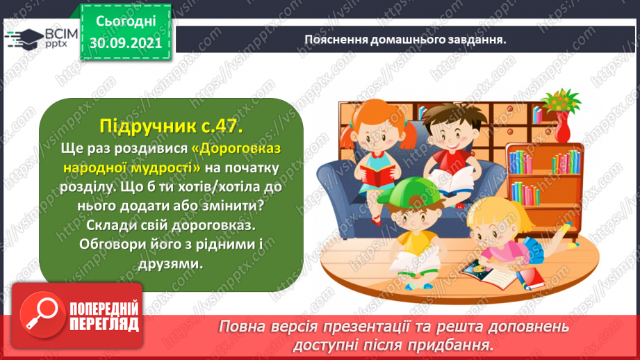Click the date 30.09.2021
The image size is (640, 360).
(125, 43)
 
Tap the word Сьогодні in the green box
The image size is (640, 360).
(126, 22)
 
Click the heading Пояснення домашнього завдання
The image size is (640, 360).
(405, 40)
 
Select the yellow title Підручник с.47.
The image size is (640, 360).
(171, 126)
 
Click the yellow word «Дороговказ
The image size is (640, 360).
(236, 148)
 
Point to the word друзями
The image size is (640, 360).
(171, 264)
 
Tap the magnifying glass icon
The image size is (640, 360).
(42, 315)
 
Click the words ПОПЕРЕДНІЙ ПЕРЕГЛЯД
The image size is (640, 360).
(104, 316)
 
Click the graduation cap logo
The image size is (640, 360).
(24, 39)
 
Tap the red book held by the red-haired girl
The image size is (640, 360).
(377, 174)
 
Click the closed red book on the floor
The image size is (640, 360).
(530, 279)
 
